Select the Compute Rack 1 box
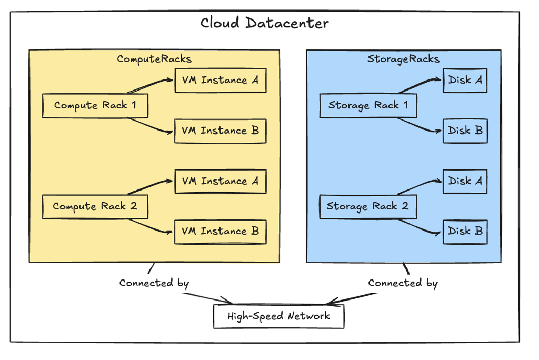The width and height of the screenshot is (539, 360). (x=95, y=106)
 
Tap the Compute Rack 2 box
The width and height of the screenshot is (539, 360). (x=95, y=206)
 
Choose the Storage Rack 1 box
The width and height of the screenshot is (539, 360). (x=368, y=106)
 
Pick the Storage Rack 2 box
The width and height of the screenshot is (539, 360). (x=367, y=206)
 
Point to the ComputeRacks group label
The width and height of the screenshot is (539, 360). (x=154, y=58)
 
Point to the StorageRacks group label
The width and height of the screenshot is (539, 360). (x=403, y=58)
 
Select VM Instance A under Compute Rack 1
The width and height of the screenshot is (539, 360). (x=220, y=81)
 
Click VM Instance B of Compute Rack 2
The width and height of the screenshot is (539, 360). (x=220, y=232)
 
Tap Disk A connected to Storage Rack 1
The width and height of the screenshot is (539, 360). (x=465, y=81)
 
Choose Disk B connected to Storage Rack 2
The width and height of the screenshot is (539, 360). (x=465, y=232)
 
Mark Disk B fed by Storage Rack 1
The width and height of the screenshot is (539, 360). (x=465, y=131)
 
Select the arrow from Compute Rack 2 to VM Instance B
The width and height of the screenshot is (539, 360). (x=152, y=225)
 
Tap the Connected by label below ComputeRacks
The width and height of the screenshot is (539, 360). (x=154, y=283)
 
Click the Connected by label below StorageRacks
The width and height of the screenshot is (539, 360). (x=403, y=283)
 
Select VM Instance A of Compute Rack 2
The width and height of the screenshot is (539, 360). (x=220, y=182)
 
